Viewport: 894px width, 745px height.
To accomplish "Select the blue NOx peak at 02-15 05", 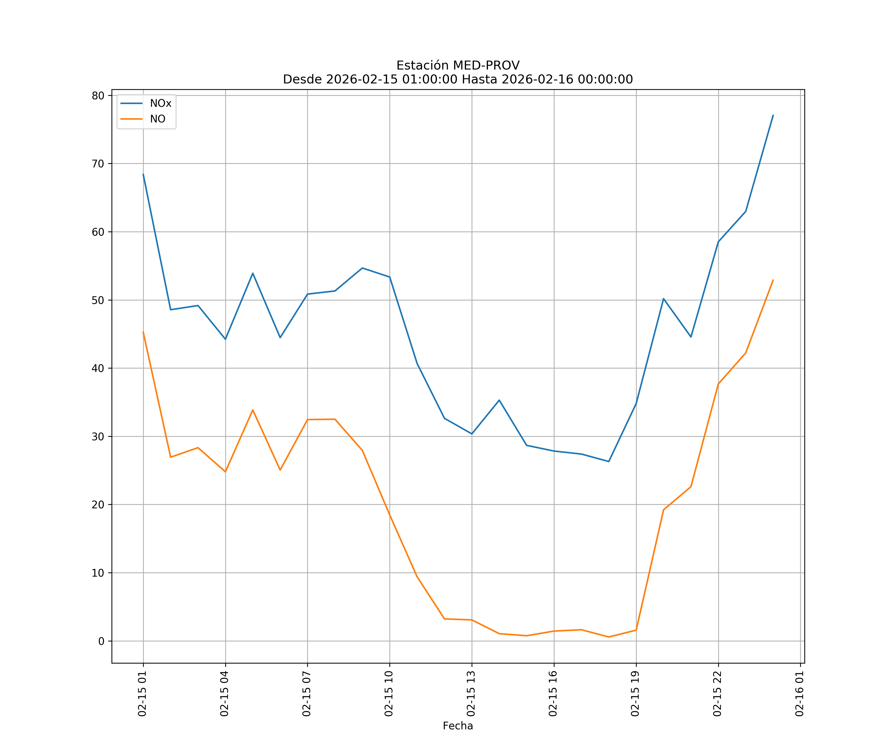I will coord(253,273).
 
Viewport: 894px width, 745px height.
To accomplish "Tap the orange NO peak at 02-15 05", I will coord(253,410).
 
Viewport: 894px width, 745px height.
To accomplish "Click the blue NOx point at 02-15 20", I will coord(663,299).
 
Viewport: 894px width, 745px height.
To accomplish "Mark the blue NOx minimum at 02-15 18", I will coord(609,461).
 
